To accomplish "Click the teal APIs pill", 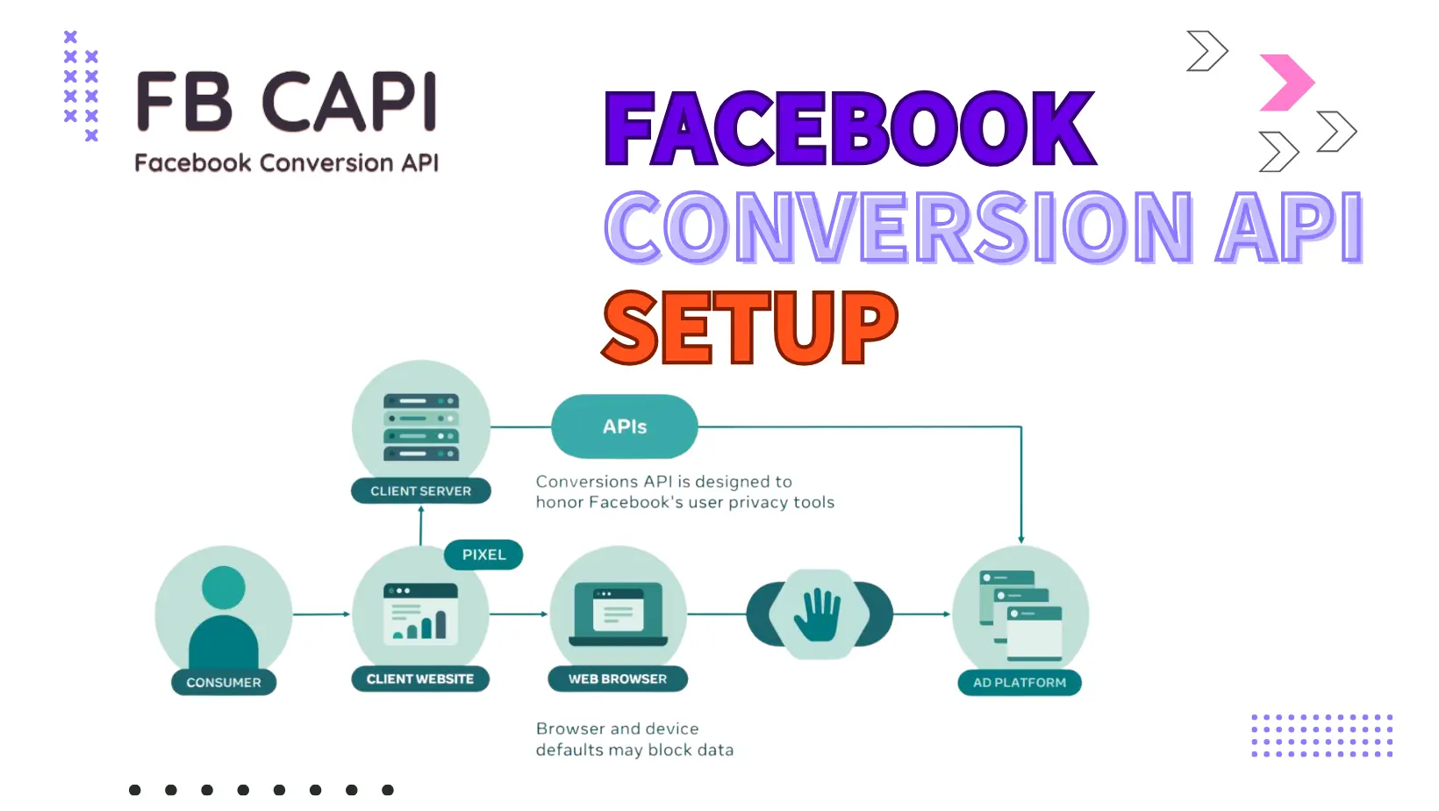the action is [625, 426].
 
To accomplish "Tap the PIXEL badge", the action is [483, 555].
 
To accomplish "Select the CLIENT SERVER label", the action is [421, 491].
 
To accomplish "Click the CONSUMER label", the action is [224, 683].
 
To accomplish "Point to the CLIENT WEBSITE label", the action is [420, 678].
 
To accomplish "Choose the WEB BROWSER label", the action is [618, 678].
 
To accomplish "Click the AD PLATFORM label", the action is [1020, 683].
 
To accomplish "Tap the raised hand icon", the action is [818, 614].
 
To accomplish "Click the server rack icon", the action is [421, 427].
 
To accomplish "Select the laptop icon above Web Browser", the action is [618, 614].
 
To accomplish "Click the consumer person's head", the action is [224, 587].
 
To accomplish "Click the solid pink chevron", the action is [1286, 83].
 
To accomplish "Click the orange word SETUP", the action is [749, 327].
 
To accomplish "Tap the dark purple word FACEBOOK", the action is [849, 127].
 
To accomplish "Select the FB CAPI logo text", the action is [287, 102].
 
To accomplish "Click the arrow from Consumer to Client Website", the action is [321, 614].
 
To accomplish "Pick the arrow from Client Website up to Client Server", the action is [421, 525].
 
